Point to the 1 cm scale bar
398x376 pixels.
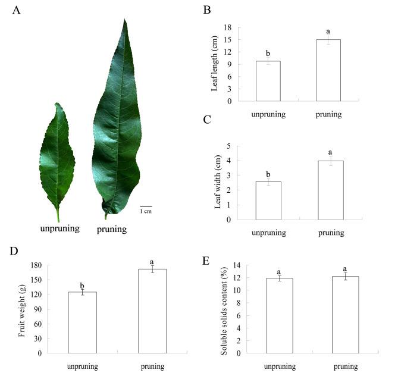click(x=146, y=206)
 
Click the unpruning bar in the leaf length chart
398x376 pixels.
click(x=268, y=81)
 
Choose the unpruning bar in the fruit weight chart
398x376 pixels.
click(x=82, y=322)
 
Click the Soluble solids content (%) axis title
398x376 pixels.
click(x=224, y=309)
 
